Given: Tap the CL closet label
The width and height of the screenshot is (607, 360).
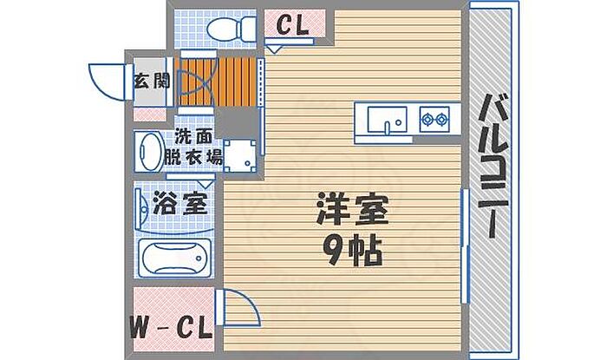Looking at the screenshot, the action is [x=293, y=25].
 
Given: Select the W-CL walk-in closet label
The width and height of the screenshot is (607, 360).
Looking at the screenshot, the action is [x=171, y=328].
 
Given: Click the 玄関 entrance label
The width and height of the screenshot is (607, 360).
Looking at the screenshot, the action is [x=152, y=81].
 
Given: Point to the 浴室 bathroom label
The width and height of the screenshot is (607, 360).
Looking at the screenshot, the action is [x=180, y=203].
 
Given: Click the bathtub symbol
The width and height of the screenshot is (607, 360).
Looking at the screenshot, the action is [x=175, y=258].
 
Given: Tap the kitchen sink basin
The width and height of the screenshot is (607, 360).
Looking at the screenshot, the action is [x=387, y=120].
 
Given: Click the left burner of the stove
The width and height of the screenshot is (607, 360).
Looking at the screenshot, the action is [x=428, y=120].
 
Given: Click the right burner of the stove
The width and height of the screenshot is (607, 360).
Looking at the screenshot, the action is [x=441, y=120].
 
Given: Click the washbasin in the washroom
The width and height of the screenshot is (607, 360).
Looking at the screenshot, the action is [x=149, y=151].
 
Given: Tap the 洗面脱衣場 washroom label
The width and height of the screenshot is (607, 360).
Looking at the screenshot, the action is [x=193, y=147].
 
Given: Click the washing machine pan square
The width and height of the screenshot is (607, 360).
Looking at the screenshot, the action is [x=239, y=156].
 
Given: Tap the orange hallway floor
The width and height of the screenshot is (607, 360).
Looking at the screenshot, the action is [x=217, y=82].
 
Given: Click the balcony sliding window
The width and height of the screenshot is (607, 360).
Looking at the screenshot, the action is [x=465, y=245].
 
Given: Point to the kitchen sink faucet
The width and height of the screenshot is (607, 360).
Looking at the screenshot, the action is [x=387, y=128].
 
